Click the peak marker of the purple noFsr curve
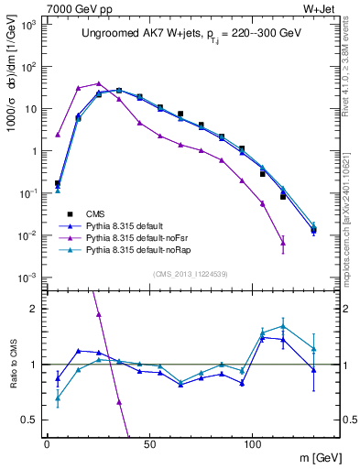click(x=99, y=83)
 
